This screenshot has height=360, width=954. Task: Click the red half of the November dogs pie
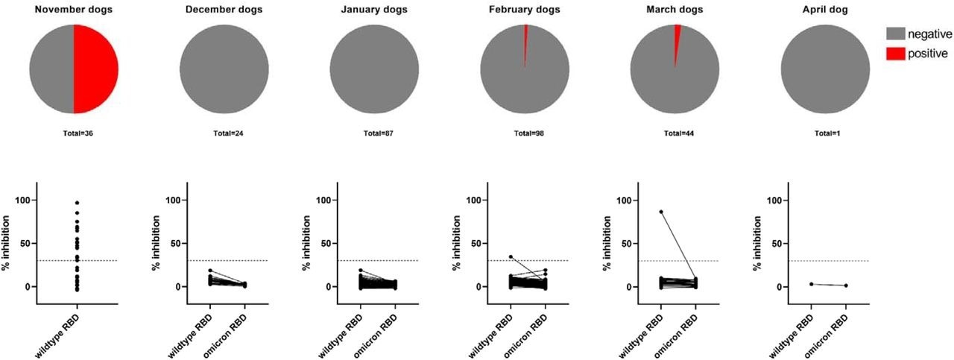(95, 69)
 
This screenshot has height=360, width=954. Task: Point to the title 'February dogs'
(525, 9)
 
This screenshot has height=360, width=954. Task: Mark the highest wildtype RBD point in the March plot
(661, 212)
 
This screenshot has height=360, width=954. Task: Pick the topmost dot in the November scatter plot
(77, 203)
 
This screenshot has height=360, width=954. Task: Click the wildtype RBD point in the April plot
(811, 284)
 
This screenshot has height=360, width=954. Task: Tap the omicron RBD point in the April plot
(847, 285)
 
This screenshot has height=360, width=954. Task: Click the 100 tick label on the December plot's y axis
(172, 200)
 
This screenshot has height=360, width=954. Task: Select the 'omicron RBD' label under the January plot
(385, 329)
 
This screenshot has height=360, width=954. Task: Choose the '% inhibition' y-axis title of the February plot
(456, 243)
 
